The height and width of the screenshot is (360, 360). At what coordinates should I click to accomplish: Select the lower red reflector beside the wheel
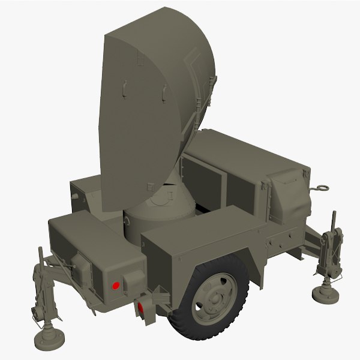[142, 308]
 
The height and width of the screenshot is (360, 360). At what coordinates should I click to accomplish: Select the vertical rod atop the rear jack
[40, 254]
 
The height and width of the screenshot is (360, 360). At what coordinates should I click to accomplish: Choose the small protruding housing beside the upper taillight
[80, 267]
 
